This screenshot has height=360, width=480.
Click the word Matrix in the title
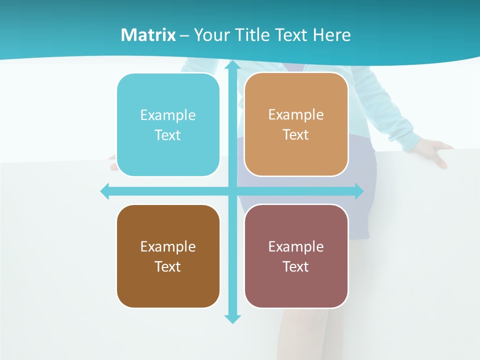click(x=148, y=35)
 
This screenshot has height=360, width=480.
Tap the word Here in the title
click(x=332, y=35)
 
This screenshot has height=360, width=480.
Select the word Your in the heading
click(x=209, y=35)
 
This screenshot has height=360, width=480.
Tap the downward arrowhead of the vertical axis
click(x=232, y=318)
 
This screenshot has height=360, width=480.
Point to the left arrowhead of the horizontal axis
click(x=105, y=191)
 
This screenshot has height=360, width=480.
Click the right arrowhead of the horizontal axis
click(x=359, y=191)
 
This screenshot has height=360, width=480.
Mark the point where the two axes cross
click(x=232, y=191)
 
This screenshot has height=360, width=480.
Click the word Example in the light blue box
click(x=168, y=115)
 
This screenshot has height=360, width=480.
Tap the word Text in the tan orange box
click(x=296, y=135)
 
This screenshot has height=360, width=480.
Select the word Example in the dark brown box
click(x=168, y=246)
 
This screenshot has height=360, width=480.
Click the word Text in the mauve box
click(x=296, y=266)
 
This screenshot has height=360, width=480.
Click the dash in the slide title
click(x=184, y=35)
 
